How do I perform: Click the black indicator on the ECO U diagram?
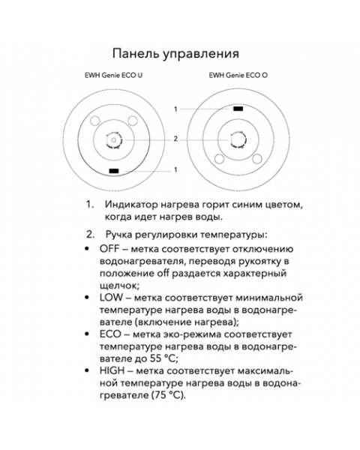(114, 172)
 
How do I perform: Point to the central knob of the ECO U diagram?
(114, 139)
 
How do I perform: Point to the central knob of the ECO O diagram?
(237, 139)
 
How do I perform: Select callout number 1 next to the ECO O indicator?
(175, 109)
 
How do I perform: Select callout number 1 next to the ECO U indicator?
(175, 170)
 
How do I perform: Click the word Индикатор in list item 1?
(132, 205)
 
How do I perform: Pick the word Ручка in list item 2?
(121, 235)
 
